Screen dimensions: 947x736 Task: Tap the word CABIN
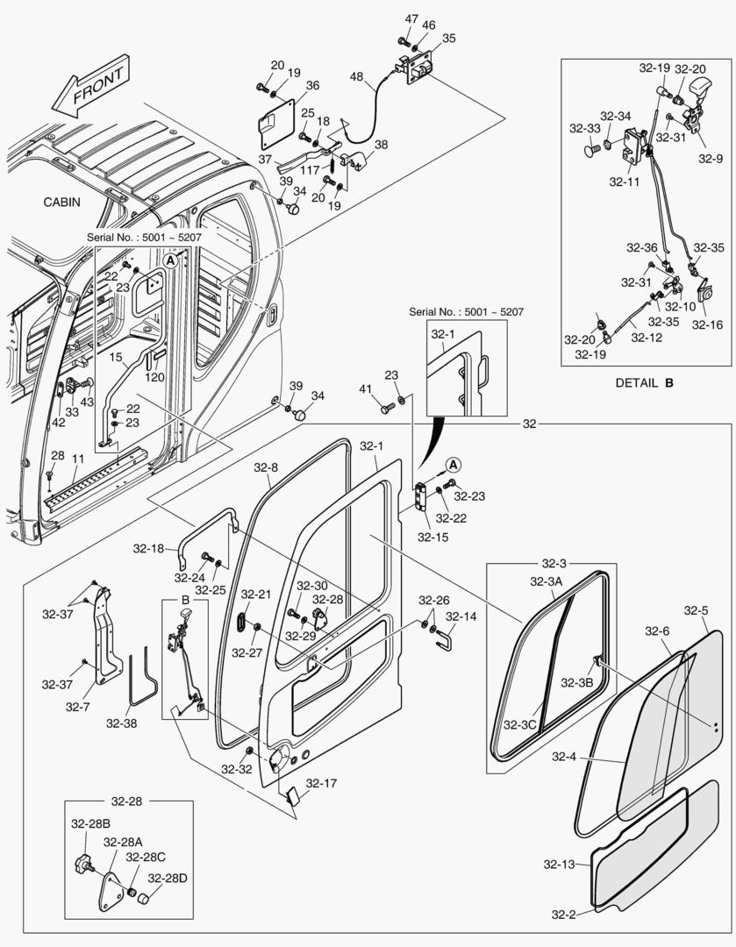62,202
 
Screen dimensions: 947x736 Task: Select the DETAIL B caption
644,381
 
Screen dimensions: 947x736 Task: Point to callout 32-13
558,865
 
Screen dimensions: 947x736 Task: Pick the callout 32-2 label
563,915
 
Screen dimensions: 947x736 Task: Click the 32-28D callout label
166,878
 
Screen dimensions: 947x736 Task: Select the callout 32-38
122,723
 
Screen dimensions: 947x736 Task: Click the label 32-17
321,783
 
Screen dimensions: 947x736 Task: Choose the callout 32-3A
547,581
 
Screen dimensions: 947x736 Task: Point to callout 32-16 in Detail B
707,324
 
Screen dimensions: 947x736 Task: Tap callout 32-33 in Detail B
584,128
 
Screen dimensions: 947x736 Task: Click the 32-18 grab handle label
149,549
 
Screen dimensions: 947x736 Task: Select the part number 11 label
78,459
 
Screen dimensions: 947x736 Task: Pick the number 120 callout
155,377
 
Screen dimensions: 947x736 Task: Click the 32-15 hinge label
432,537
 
